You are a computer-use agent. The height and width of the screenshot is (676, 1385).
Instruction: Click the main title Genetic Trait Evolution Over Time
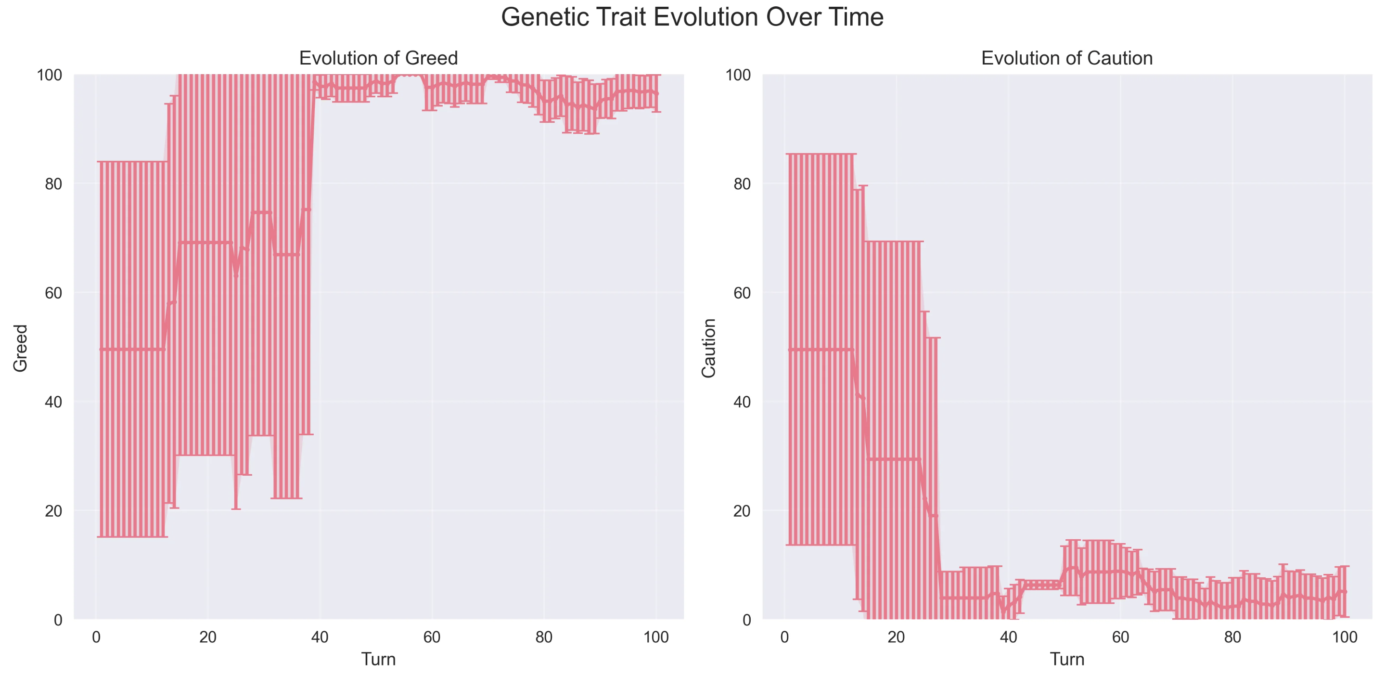(x=692, y=17)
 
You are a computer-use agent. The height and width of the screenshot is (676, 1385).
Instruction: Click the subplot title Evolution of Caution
(x=1067, y=58)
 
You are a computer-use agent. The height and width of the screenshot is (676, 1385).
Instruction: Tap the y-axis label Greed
(x=20, y=348)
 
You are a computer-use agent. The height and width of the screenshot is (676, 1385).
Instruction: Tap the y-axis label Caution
(x=709, y=348)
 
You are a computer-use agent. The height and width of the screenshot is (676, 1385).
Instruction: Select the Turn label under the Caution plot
(x=1067, y=659)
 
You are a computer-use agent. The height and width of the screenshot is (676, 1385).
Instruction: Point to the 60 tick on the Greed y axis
(x=53, y=293)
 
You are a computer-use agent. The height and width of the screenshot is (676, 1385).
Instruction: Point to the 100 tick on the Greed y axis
(x=49, y=75)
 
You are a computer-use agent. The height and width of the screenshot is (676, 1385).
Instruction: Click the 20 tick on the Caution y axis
(x=742, y=511)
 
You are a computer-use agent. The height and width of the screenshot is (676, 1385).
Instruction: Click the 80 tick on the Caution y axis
(x=742, y=184)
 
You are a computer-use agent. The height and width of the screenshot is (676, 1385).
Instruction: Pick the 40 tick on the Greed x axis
(x=320, y=637)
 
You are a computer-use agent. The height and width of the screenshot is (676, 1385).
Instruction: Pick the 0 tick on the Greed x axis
(x=96, y=637)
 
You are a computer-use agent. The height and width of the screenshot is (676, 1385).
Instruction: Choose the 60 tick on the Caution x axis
(x=1120, y=637)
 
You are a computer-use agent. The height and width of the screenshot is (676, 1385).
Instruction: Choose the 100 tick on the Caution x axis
(x=1344, y=637)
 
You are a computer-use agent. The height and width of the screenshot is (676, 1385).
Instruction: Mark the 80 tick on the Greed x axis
(x=544, y=637)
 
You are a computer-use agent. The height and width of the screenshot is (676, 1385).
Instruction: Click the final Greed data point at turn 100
(x=656, y=93)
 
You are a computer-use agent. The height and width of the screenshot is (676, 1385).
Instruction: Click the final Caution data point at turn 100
(x=1345, y=591)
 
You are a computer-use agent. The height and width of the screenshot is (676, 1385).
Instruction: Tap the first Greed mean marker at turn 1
(x=102, y=350)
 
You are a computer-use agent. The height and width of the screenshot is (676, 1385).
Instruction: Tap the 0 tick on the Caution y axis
(x=746, y=620)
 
